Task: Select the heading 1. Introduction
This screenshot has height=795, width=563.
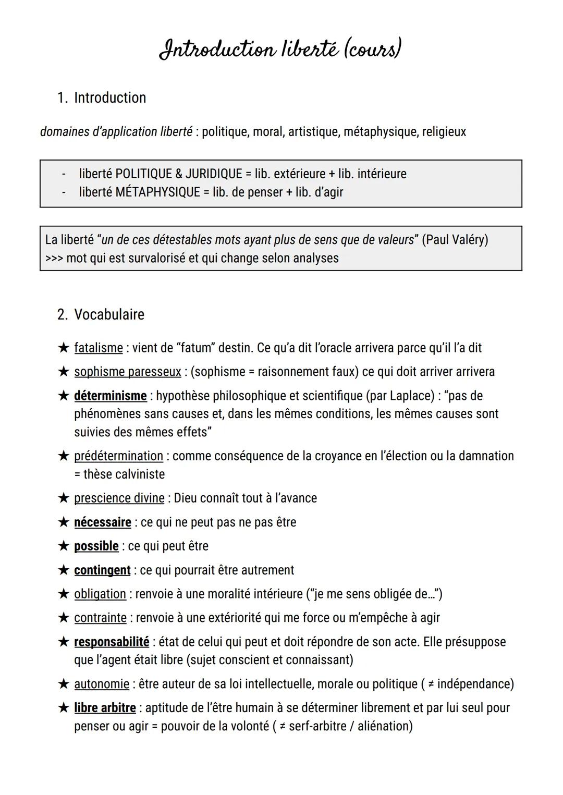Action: [x=102, y=97]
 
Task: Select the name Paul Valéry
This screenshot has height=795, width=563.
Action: [x=455, y=240]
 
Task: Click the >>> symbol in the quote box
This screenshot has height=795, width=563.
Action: [x=54, y=258]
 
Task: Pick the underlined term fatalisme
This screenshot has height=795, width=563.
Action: [x=99, y=348]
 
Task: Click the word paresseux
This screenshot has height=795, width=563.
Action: [x=154, y=372]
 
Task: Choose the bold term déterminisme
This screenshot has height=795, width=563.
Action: [x=111, y=396]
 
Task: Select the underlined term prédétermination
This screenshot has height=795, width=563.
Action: [x=118, y=456]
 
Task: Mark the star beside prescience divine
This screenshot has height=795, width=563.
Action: [x=64, y=498]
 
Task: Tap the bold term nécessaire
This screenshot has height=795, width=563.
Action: [x=103, y=522]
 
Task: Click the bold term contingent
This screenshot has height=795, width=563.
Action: [x=102, y=570]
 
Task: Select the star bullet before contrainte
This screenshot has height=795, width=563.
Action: [x=64, y=618]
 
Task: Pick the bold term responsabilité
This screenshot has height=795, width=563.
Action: [x=112, y=642]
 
